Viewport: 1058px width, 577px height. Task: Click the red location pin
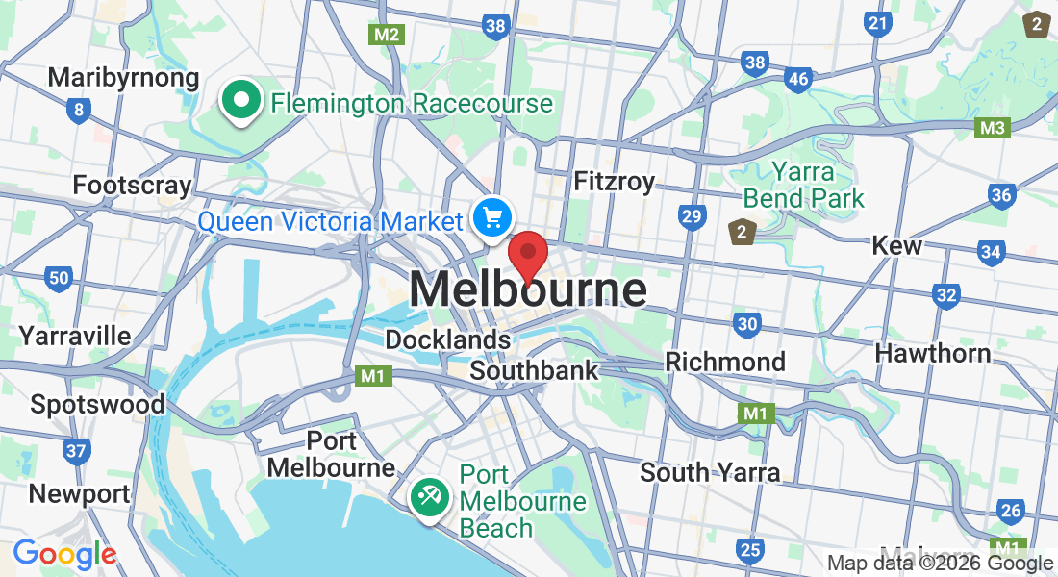(528, 255)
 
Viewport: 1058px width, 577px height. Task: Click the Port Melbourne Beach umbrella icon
(426, 497)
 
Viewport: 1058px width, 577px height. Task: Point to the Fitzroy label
(614, 181)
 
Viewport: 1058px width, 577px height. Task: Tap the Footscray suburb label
(133, 185)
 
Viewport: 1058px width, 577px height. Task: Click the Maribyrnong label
(123, 77)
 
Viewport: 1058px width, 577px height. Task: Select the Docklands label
(447, 339)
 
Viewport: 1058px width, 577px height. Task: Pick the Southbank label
(534, 370)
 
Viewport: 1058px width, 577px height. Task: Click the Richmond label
(726, 362)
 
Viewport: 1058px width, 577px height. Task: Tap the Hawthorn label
(932, 353)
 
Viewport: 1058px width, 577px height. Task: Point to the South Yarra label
(710, 472)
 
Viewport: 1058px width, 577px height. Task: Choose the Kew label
(896, 245)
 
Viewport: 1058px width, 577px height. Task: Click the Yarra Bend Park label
(804, 186)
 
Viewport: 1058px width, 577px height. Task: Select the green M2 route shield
(387, 34)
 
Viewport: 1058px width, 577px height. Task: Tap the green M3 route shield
(993, 127)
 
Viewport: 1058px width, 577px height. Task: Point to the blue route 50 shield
(59, 279)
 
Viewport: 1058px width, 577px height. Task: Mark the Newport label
(79, 494)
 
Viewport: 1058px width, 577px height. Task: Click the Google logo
(64, 554)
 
